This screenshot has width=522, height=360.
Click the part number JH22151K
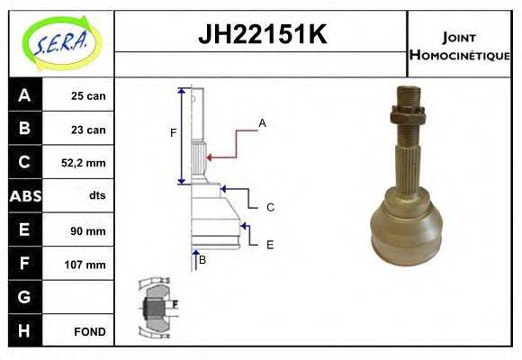click(262, 35)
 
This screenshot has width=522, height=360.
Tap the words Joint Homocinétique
click(459, 45)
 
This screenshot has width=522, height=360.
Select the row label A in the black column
click(24, 95)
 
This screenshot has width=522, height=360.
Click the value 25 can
click(88, 96)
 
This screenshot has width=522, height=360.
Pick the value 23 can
click(88, 130)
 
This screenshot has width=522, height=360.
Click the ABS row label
click(25, 195)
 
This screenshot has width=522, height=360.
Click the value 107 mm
click(87, 265)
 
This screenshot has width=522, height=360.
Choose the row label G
click(24, 297)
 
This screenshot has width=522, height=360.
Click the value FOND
click(89, 331)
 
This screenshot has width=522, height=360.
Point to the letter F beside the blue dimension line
click(174, 133)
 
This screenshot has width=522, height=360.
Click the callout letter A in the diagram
click(262, 121)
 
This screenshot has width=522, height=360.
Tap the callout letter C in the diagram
click(269, 207)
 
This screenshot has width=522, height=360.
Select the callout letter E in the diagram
click(269, 244)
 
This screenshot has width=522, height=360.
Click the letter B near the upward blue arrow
click(202, 259)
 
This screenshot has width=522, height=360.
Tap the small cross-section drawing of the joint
click(155, 306)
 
